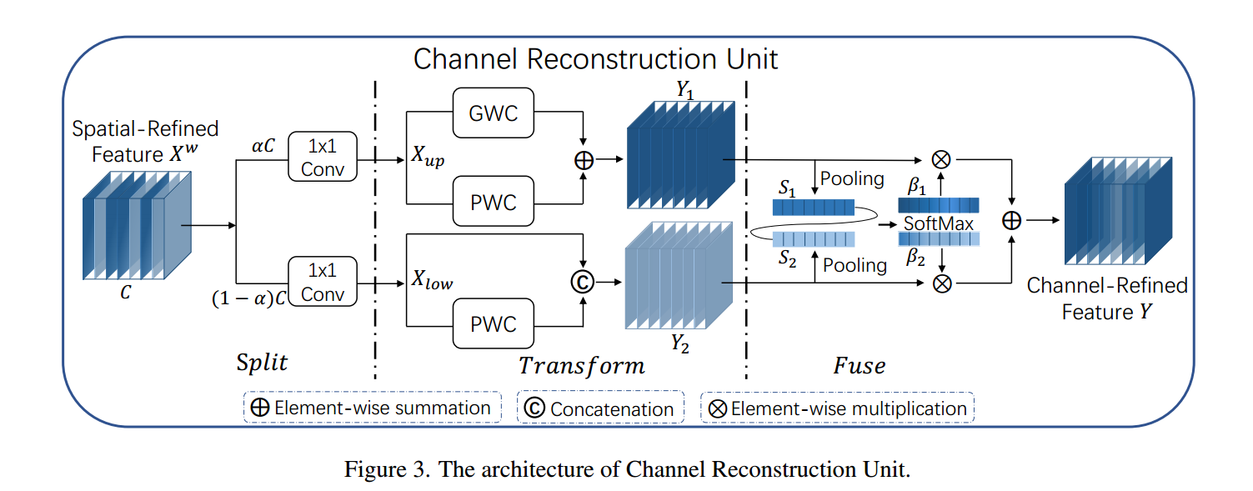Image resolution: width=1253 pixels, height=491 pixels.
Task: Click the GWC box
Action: (494, 113)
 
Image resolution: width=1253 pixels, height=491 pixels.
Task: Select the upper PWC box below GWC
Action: (494, 202)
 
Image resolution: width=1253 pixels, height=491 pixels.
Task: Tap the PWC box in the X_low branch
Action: (494, 323)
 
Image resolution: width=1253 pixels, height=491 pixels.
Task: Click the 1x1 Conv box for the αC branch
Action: (322, 156)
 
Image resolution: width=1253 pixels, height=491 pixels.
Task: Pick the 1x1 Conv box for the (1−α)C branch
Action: (322, 282)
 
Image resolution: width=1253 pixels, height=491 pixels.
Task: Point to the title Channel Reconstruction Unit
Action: (595, 59)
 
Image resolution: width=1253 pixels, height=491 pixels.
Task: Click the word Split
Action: (262, 363)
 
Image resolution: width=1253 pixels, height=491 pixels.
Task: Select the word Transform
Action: (581, 365)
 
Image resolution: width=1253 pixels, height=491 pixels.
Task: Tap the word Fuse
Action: (859, 365)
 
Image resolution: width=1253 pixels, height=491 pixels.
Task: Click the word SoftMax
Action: (939, 223)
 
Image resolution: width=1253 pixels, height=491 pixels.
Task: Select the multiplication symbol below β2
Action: (941, 283)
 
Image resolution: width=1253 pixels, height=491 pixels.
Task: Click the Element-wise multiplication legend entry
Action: (837, 408)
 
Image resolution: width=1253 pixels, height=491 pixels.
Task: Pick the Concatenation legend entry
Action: (600, 408)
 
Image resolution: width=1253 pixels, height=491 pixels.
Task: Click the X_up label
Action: (428, 158)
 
